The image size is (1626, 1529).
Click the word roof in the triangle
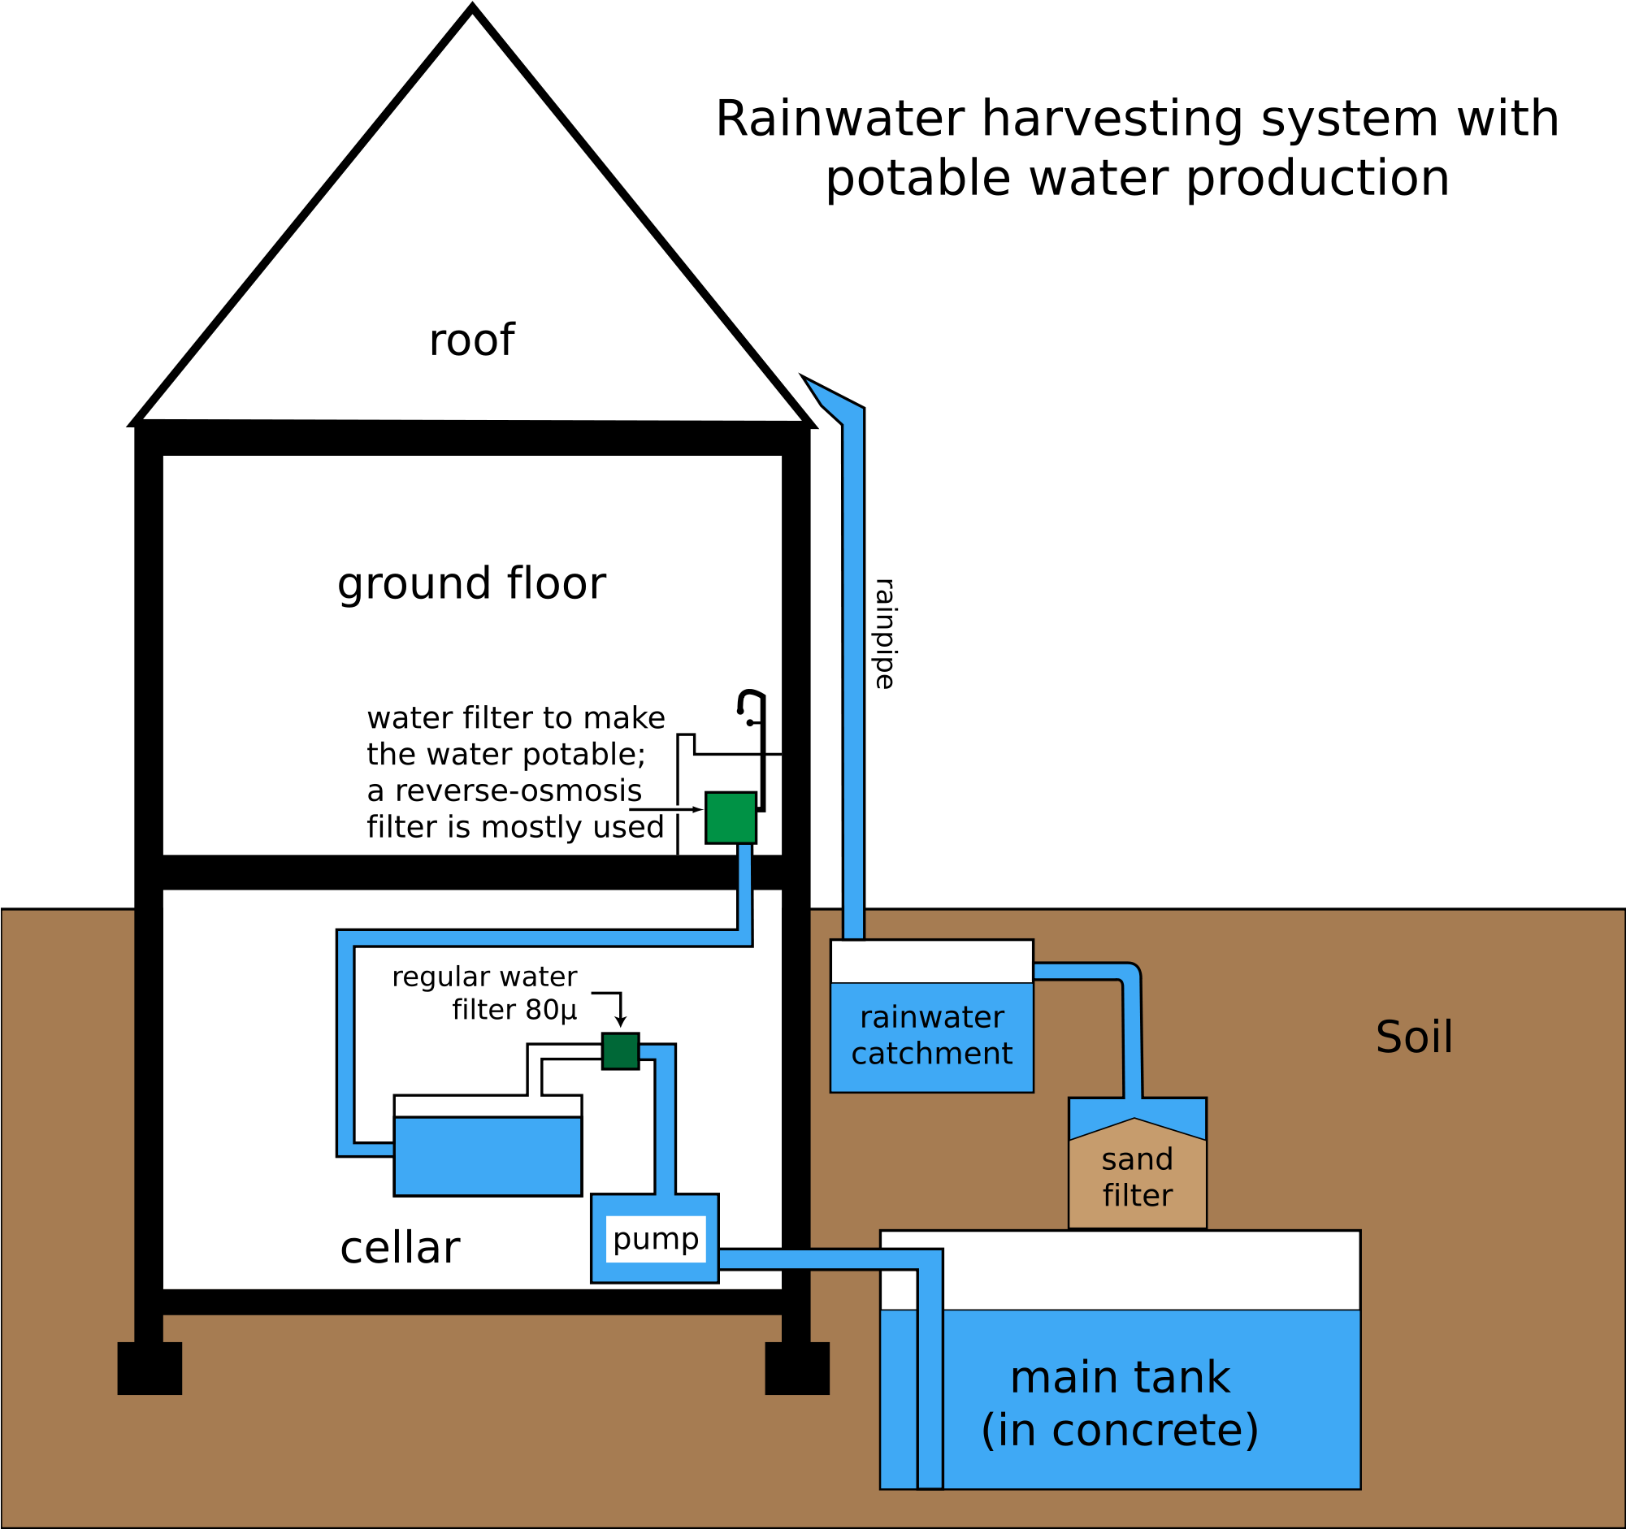[471, 340]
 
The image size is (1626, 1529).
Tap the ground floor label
[471, 584]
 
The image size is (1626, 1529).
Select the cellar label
[399, 1249]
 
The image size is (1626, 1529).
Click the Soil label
[1414, 1037]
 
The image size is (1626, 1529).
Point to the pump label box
[655, 1239]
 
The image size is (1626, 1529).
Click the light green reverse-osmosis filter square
[731, 817]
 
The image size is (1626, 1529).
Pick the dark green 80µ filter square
[620, 1050]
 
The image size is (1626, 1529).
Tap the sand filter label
[1137, 1177]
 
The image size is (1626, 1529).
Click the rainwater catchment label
[931, 1035]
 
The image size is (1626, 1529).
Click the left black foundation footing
[150, 1368]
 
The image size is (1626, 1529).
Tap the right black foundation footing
[796, 1368]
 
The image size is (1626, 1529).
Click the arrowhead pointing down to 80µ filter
[620, 1022]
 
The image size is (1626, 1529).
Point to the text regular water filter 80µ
[484, 994]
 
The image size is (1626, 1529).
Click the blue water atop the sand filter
[1137, 1113]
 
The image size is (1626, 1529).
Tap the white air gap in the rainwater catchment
[931, 962]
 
